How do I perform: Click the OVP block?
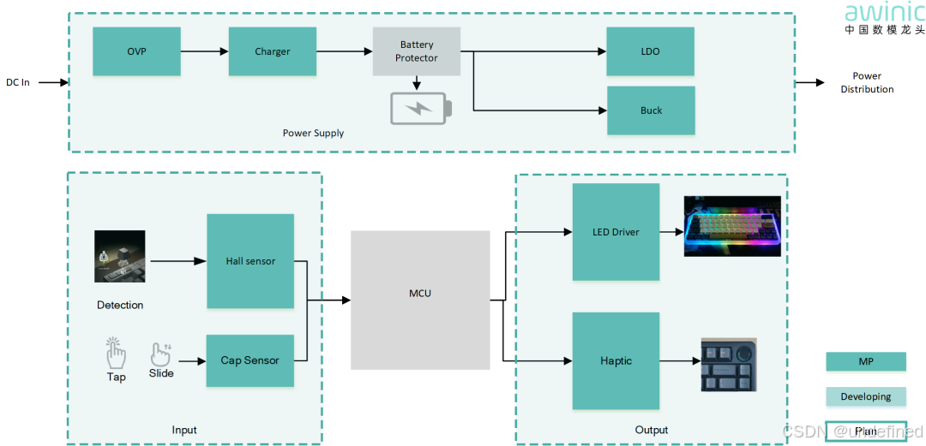pyautogui.click(x=136, y=51)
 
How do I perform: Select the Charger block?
pyautogui.click(x=272, y=51)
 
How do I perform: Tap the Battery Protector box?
pyautogui.click(x=417, y=51)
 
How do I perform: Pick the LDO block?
pyautogui.click(x=650, y=51)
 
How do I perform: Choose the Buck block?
pyautogui.click(x=650, y=110)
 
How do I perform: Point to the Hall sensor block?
pyautogui.click(x=250, y=261)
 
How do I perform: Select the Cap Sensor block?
pyautogui.click(x=250, y=360)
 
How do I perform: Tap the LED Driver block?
pyautogui.click(x=616, y=232)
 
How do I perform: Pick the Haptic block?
pyautogui.click(x=616, y=360)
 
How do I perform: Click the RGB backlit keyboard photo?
pyautogui.click(x=732, y=226)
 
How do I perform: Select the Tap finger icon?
pyautogui.click(x=116, y=353)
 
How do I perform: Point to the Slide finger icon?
pyautogui.click(x=160, y=354)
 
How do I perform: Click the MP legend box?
pyautogui.click(x=865, y=362)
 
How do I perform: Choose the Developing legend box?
pyautogui.click(x=865, y=396)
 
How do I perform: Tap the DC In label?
pyautogui.click(x=18, y=83)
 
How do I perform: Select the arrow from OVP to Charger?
pyautogui.click(x=204, y=51)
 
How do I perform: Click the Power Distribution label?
pyautogui.click(x=867, y=82)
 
